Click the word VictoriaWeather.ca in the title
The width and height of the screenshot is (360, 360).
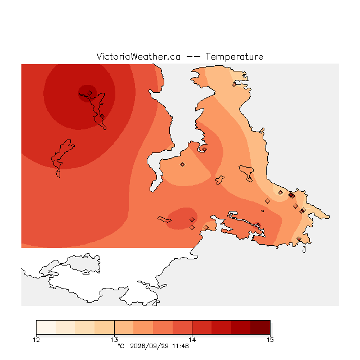(x=138, y=56)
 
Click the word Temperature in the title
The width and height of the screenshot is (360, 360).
(x=234, y=56)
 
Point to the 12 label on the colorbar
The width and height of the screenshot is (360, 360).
(x=36, y=340)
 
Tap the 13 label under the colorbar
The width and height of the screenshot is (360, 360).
(x=114, y=340)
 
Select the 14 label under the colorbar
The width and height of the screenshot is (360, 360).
(x=192, y=340)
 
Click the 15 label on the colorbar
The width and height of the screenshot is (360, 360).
(x=270, y=340)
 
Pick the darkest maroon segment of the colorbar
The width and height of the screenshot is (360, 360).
(x=260, y=327)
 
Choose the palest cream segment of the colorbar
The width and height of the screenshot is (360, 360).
(x=46, y=327)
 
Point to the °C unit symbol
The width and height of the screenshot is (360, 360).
(x=121, y=346)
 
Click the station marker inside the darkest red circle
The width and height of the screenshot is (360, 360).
(x=89, y=93)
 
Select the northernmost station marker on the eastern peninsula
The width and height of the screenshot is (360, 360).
(x=234, y=85)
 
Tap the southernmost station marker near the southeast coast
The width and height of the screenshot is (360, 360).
(x=299, y=238)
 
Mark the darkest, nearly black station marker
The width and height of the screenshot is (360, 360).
(x=291, y=195)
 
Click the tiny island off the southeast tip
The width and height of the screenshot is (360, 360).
(x=304, y=250)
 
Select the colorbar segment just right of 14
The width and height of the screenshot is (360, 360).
(x=202, y=327)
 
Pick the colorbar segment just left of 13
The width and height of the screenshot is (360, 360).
(x=105, y=327)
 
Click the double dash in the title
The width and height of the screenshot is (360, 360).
(x=193, y=57)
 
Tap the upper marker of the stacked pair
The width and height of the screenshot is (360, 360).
(x=192, y=220)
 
